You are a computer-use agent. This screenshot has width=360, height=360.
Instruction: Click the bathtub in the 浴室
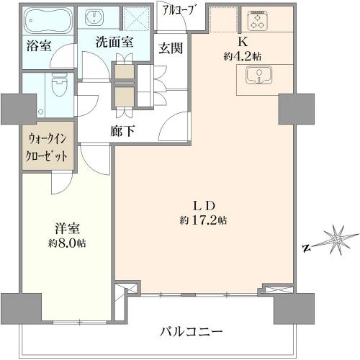pyautogui.click(x=48, y=20)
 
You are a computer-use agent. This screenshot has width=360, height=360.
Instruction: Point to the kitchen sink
pyautogui.click(x=258, y=76)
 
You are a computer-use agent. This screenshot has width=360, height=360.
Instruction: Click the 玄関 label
pyautogui.click(x=171, y=48)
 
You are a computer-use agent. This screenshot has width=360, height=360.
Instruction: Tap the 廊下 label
pyautogui.click(x=122, y=131)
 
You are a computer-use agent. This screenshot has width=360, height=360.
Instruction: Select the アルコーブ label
pyautogui.click(x=178, y=11)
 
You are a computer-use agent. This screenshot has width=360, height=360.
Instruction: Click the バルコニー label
pyautogui.click(x=192, y=332)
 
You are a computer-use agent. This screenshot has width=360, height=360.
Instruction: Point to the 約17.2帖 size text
pyautogui.click(x=203, y=220)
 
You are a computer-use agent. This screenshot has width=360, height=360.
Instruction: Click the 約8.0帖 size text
pyautogui.click(x=67, y=243)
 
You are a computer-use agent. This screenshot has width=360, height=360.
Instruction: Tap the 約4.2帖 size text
pyautogui.click(x=243, y=56)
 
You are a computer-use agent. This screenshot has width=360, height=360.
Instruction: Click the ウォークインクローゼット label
pyautogui.click(x=46, y=148)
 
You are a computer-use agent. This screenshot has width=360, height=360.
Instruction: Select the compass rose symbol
pyautogui.click(x=338, y=240)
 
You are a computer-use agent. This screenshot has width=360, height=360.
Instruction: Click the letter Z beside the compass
pyautogui.click(x=306, y=248)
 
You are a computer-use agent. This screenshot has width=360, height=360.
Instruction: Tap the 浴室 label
pyautogui.click(x=39, y=45)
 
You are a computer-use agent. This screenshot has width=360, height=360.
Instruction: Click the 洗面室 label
pyautogui.click(x=114, y=42)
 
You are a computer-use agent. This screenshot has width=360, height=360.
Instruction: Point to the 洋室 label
pyautogui.click(x=67, y=228)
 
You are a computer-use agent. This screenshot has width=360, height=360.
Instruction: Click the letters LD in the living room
pyautogui.click(x=203, y=206)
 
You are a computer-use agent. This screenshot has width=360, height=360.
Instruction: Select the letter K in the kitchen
pyautogui.click(x=243, y=42)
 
